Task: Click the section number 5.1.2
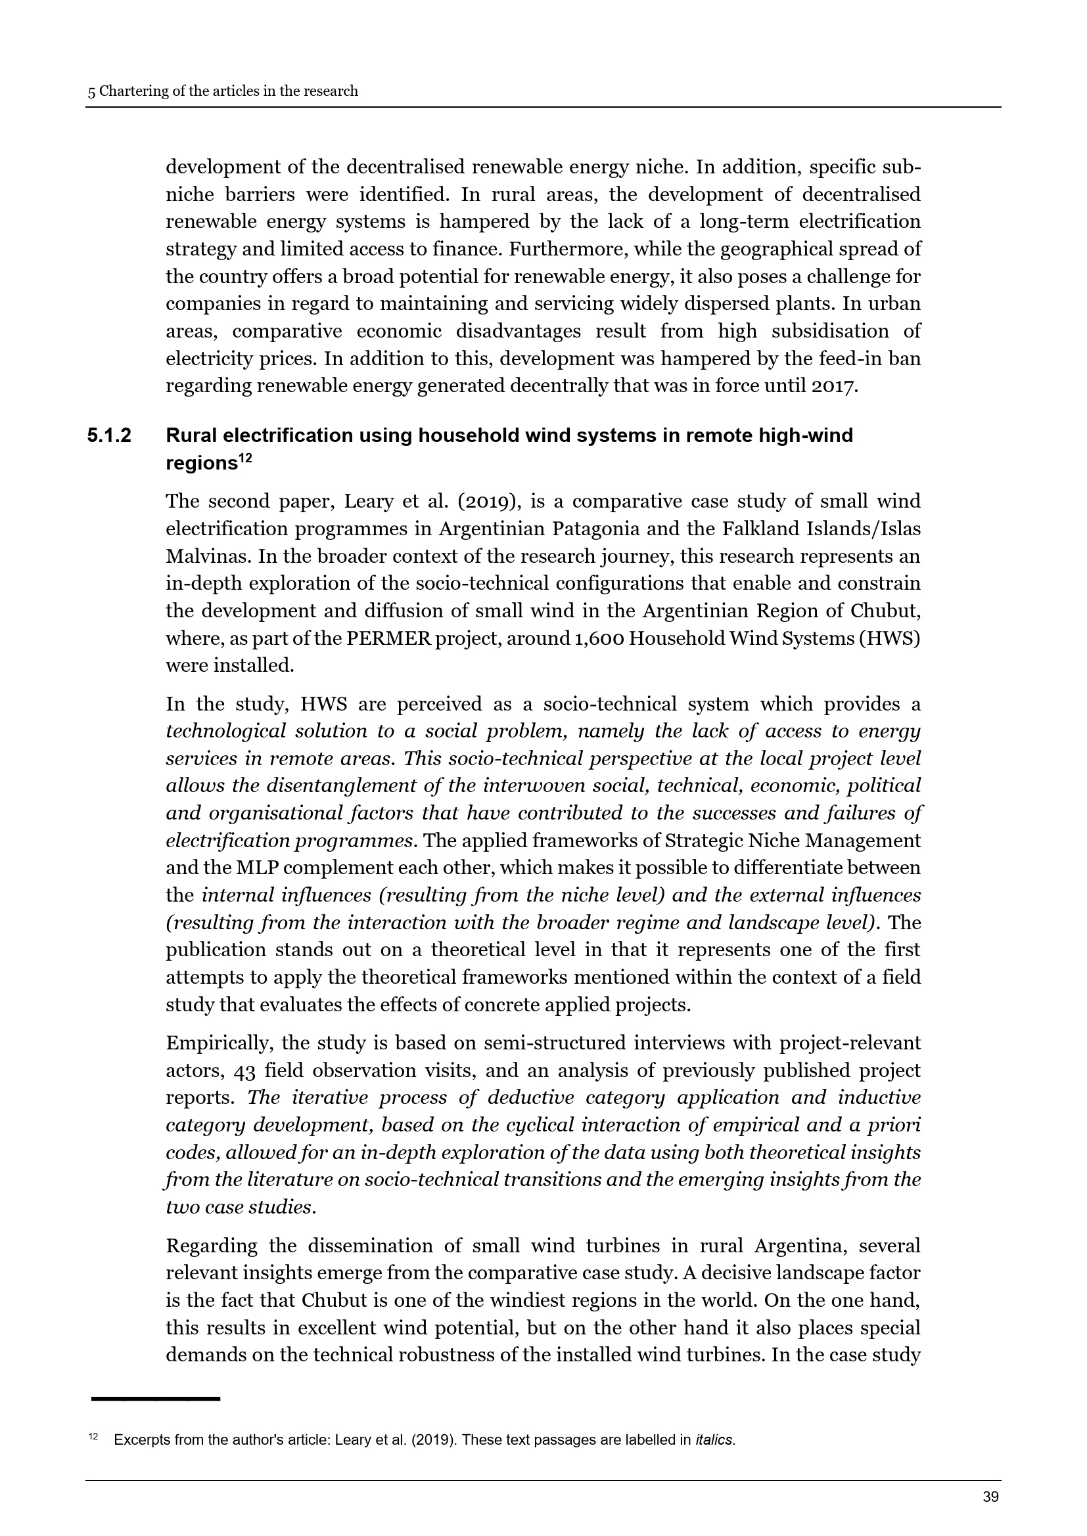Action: tap(109, 435)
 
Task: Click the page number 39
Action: tap(990, 1497)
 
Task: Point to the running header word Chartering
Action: tap(134, 91)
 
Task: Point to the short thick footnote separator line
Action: tap(155, 1399)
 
